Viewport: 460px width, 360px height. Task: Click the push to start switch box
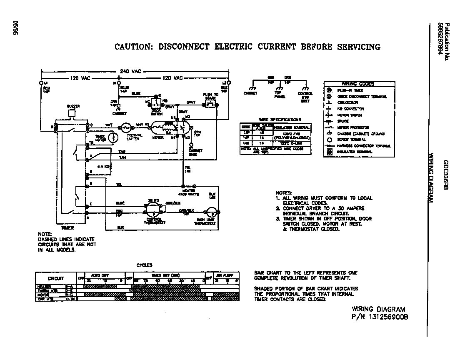coord(210,104)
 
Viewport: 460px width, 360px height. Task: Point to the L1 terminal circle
coord(41,83)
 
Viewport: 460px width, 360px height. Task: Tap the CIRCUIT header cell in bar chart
coord(55,278)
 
